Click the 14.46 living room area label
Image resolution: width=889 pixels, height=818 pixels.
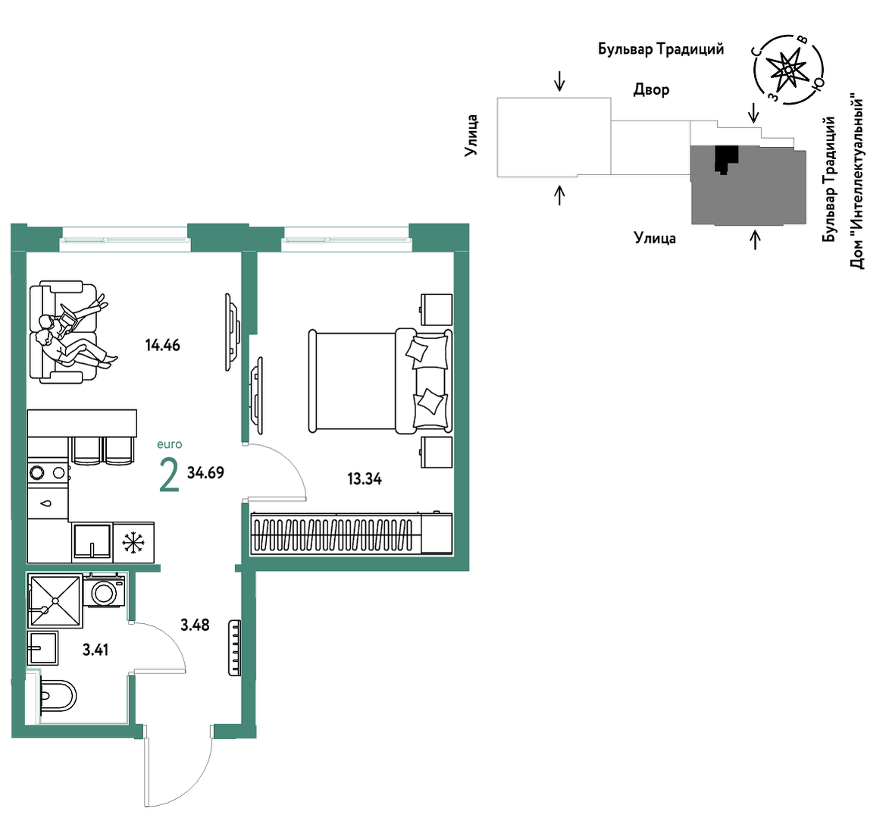coord(163,345)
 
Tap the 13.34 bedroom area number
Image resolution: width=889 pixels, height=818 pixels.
coord(365,479)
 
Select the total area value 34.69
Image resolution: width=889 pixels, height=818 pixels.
coord(206,472)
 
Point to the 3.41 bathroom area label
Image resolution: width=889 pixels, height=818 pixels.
coord(95,650)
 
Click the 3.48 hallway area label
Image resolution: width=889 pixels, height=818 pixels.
coord(195,625)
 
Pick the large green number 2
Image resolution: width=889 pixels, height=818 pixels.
coord(170,475)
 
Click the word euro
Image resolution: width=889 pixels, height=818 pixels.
coord(170,445)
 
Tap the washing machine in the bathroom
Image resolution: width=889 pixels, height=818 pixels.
coord(104,591)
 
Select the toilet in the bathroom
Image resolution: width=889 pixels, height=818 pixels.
coord(58,696)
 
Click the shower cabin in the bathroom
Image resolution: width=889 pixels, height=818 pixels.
coord(55,600)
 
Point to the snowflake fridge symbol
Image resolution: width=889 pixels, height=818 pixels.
coord(134,542)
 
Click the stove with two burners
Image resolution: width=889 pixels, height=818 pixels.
coord(49,472)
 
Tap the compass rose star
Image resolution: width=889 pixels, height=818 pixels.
coord(788,69)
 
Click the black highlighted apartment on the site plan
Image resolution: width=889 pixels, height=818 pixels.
coord(726,158)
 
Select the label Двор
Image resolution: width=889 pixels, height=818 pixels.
coord(652,89)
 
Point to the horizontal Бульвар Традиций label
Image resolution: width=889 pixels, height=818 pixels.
coord(661,49)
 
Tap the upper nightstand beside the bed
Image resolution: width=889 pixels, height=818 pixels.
coord(437,309)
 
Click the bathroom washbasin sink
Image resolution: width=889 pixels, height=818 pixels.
coord(43,648)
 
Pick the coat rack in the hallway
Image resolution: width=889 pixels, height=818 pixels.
coord(235,648)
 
